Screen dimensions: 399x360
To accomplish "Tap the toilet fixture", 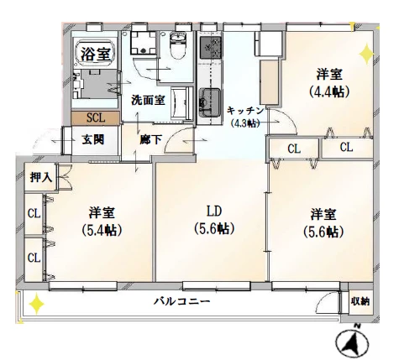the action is pyautogui.click(x=177, y=45).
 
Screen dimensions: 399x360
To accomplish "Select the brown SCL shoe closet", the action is pyautogui.click(x=96, y=117).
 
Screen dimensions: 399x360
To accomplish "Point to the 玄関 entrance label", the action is pyautogui.click(x=93, y=139).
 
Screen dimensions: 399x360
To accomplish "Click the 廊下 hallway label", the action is pyautogui.click(x=151, y=139).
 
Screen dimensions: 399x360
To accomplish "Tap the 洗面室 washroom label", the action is pyautogui.click(x=148, y=100).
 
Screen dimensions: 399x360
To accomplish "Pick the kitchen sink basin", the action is pyautogui.click(x=210, y=102).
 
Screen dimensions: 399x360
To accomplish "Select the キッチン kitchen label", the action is pyautogui.click(x=245, y=111).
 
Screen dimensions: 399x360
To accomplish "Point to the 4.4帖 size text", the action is pyautogui.click(x=329, y=91).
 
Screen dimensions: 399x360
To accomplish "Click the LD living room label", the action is pyautogui.click(x=214, y=211).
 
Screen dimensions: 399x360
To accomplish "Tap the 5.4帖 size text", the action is pyautogui.click(x=102, y=230).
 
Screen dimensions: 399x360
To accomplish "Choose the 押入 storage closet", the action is pyautogui.click(x=41, y=177).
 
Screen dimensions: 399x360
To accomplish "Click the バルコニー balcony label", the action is pyautogui.click(x=182, y=301).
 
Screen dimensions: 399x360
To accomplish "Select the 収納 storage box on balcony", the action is pyautogui.click(x=360, y=301).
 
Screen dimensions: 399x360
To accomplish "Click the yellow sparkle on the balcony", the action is pyautogui.click(x=36, y=304).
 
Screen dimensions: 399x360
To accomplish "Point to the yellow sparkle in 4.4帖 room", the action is pyautogui.click(x=366, y=54).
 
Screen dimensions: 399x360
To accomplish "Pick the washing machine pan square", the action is pyautogui.click(x=143, y=43).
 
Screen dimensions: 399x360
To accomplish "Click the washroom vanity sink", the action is pyautogui.click(x=181, y=103).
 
